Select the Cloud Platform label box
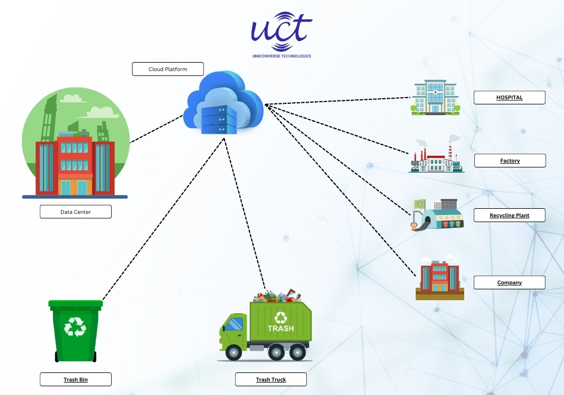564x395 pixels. (x=168, y=69)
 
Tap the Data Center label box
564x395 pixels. (x=76, y=212)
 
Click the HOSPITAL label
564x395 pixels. (x=509, y=98)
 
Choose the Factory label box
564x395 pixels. (x=510, y=161)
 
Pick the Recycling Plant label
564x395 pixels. (x=509, y=216)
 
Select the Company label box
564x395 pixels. (x=509, y=283)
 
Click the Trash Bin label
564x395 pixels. (x=76, y=380)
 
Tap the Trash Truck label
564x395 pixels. (x=271, y=380)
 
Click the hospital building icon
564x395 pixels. (x=435, y=97)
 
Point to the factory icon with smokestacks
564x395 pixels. (x=435, y=158)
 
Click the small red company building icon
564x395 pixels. (x=439, y=276)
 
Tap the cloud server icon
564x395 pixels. (x=224, y=103)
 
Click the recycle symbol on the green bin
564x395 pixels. (x=75, y=327)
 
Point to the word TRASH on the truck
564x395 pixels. (x=280, y=328)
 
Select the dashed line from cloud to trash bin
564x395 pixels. (x=164, y=220)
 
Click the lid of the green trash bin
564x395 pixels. (x=76, y=304)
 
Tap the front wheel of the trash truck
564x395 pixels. (x=233, y=354)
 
